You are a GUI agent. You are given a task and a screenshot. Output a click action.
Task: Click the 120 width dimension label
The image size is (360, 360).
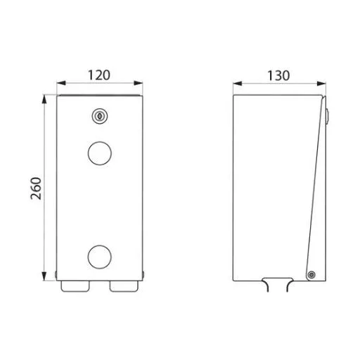[99, 75]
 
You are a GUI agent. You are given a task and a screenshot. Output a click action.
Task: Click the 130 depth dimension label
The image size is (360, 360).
[278, 75]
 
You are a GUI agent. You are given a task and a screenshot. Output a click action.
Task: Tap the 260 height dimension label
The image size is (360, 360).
[36, 188]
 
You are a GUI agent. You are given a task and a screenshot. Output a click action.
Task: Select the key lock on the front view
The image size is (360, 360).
[100, 116]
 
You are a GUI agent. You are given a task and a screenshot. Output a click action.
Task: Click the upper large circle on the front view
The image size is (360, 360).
[100, 153]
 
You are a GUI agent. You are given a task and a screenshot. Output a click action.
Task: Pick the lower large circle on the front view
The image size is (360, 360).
[100, 257]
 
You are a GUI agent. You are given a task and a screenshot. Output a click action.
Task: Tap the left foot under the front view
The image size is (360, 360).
[75, 286]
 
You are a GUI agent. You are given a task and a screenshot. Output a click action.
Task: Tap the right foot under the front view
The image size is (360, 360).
[124, 286]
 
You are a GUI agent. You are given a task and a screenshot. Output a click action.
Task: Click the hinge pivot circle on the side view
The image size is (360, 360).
[311, 274]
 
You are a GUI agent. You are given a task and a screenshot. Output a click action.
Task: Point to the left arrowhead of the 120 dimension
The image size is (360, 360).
[61, 83]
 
